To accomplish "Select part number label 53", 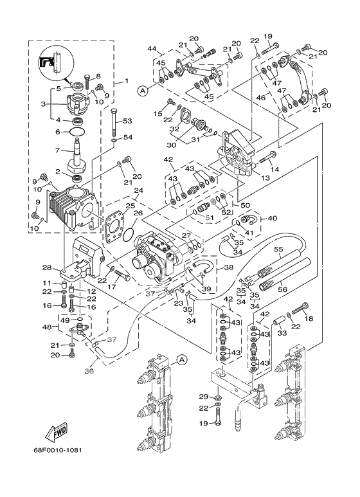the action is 127,121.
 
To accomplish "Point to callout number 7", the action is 58,150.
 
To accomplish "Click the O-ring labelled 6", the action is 76,131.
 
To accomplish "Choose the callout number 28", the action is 47,268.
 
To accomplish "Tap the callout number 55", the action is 278,249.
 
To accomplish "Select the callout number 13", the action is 265,178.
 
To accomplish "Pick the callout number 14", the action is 274,169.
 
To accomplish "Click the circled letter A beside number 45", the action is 143,91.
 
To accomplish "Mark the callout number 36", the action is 89,370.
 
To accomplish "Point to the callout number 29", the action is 203,397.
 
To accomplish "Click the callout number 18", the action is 309,318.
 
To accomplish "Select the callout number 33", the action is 282,333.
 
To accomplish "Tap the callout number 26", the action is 138,213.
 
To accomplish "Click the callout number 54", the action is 128,137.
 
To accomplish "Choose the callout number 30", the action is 171,145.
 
